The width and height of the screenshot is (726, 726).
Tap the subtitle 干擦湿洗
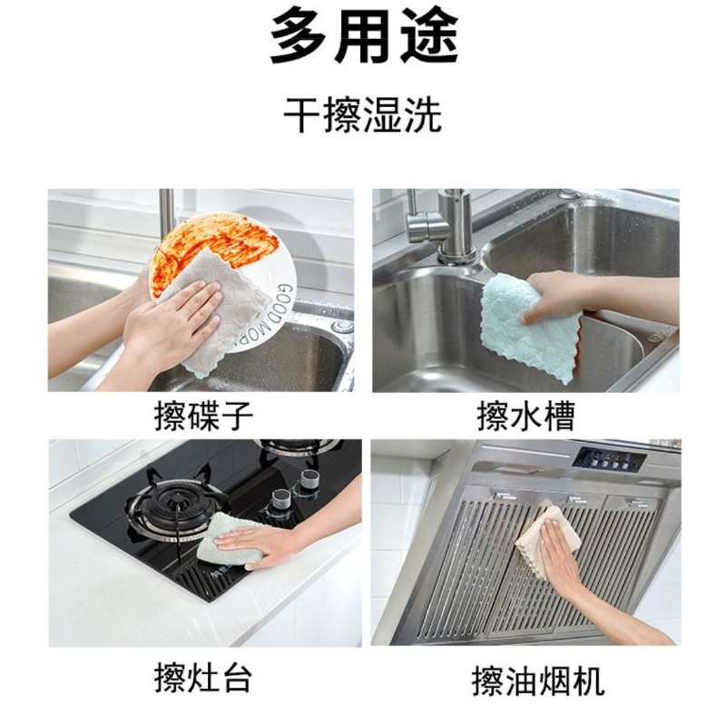point(362,115)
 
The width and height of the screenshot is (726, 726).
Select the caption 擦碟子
point(203,416)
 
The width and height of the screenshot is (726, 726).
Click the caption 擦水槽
point(526,416)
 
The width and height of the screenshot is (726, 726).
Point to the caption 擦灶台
point(203,678)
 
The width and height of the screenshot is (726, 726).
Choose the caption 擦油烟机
point(538,681)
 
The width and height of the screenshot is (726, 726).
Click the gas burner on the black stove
point(176,505)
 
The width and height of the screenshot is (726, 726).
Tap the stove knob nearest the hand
point(281,499)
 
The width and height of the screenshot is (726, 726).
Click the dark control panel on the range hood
point(609,461)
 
